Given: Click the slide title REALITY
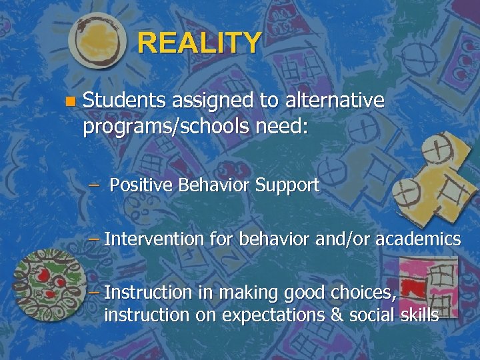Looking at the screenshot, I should tap(199, 43).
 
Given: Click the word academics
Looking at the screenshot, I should tap(418, 239).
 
